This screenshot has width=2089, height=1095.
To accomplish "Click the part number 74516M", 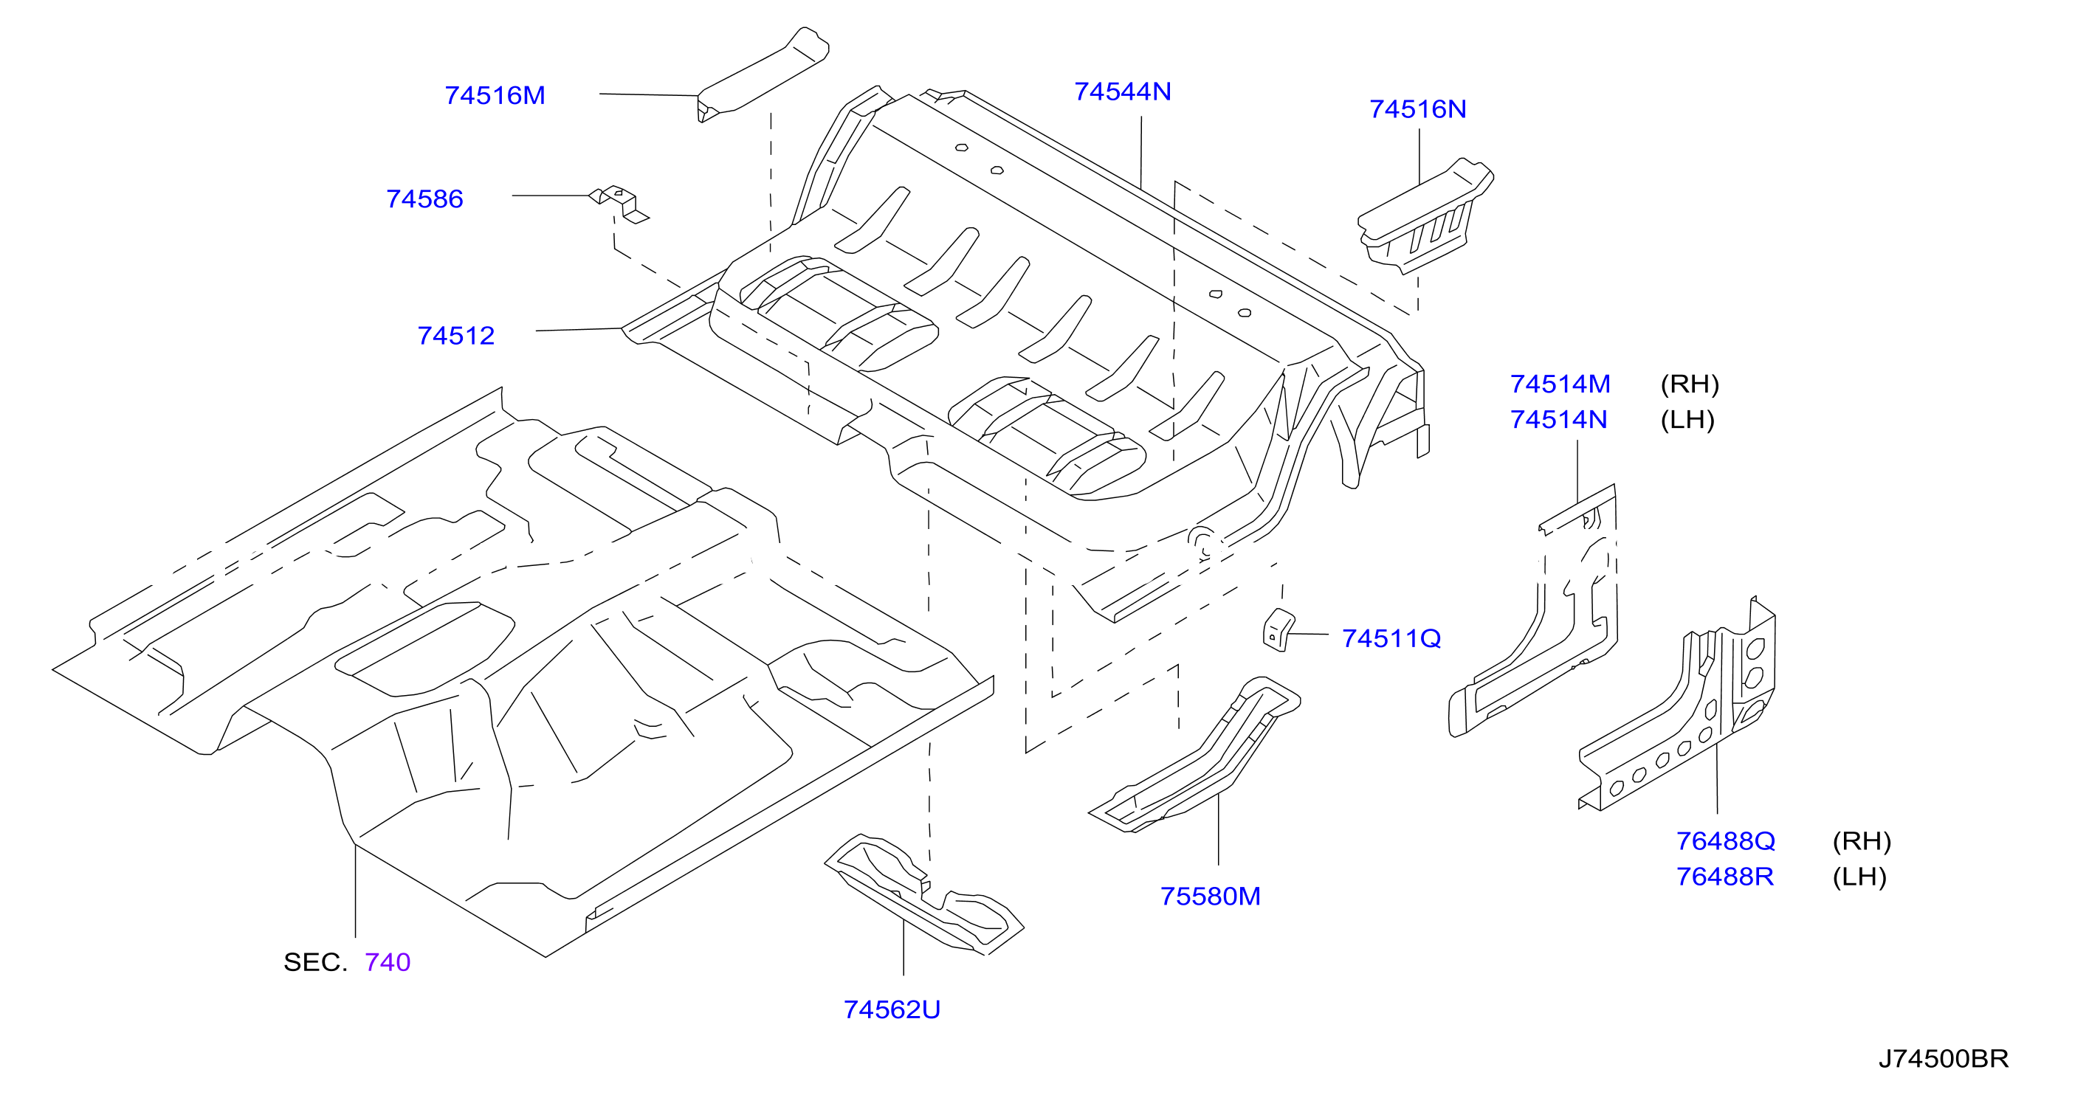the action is point(495,96).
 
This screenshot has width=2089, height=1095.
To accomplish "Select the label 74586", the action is point(424,199).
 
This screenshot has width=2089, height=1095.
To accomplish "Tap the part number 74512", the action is point(455,336).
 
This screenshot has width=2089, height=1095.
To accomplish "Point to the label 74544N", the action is point(1122,91).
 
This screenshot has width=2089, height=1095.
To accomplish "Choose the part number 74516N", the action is point(1417,109).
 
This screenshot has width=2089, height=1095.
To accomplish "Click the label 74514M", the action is point(1560,384).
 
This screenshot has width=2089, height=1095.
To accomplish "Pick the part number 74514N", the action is point(1558,420).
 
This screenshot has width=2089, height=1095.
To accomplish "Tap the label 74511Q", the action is point(1391,639).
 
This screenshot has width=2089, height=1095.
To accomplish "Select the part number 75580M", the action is point(1210,897).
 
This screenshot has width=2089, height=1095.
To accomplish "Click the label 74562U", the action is point(892,1010).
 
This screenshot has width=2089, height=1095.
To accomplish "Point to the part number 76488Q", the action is point(1726,841).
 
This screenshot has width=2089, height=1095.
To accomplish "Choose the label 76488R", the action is point(1725,877).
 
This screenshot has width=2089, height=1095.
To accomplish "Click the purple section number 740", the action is point(388,962).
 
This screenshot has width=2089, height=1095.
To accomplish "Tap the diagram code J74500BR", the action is point(1944,1059).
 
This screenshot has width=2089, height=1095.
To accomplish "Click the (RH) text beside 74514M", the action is point(1690,384).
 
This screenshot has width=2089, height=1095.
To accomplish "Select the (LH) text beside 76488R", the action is point(1859,877).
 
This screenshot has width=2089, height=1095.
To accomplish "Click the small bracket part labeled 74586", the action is point(619,202).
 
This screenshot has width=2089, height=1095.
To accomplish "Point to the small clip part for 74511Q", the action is point(1278,629).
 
